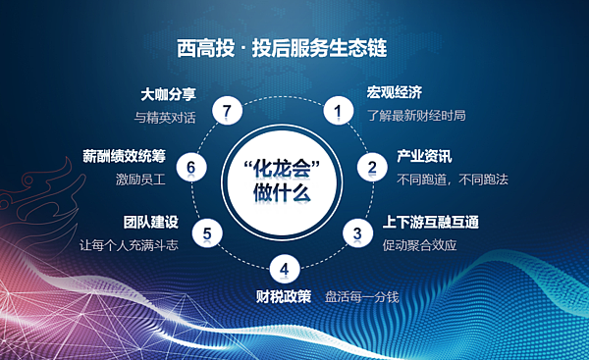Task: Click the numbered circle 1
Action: [338, 112]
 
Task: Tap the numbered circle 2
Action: [372, 167]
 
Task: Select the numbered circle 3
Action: [358, 232]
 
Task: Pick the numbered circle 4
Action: [284, 268]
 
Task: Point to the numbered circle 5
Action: [207, 233]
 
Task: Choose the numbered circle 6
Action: [191, 168]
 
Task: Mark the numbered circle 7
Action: [227, 112]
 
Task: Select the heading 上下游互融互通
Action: [430, 222]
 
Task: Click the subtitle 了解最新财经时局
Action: [416, 116]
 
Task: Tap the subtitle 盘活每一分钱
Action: [361, 295]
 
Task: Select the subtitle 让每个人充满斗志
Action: [128, 243]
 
